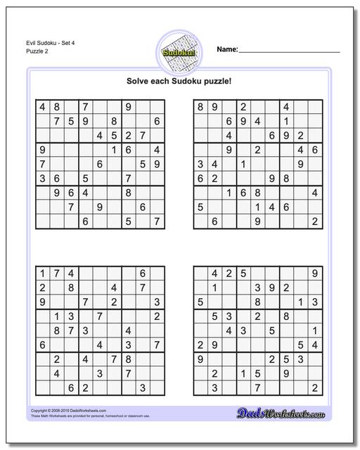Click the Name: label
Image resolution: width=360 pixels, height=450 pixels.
point(227,49)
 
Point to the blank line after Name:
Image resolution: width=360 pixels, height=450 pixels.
point(289,51)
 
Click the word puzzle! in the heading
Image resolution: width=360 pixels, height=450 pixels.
point(217,80)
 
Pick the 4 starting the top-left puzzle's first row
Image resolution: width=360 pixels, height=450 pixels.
point(43,108)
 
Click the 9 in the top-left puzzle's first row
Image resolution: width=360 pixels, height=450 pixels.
point(128,108)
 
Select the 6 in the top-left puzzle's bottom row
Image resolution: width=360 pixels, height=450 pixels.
point(85,221)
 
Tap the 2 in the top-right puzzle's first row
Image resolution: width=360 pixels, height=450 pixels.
point(243,108)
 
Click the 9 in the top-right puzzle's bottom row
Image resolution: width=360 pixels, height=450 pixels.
point(257,221)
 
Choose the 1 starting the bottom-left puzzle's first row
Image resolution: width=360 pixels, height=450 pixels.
point(43,274)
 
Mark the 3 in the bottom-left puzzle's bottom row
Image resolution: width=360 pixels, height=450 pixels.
point(142,387)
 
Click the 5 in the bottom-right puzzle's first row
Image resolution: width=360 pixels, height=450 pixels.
point(243,274)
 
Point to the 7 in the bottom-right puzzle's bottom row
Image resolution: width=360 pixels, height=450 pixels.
point(257,387)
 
